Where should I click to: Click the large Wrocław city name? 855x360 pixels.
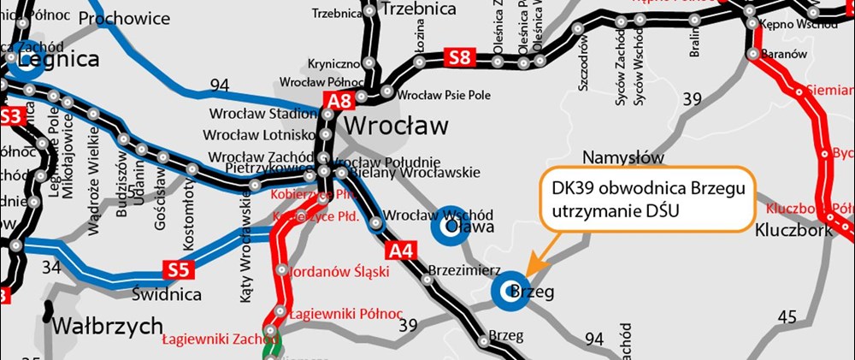pyautogui.click(x=396, y=127)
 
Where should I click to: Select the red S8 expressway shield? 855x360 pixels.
pyautogui.click(x=459, y=58)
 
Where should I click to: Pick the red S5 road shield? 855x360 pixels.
pyautogui.click(x=175, y=273)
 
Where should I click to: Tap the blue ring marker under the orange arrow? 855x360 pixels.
pyautogui.click(x=511, y=292)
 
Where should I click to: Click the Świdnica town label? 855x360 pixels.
pyautogui.click(x=167, y=295)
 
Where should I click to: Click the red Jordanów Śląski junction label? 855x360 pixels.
pyautogui.click(x=339, y=271)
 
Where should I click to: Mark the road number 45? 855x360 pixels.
pyautogui.click(x=787, y=317)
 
